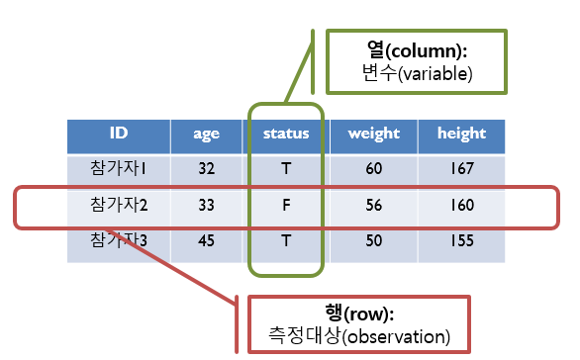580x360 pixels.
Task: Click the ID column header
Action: [x=117, y=134]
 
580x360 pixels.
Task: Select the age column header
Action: [x=206, y=134]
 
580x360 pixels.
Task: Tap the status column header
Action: [x=286, y=134]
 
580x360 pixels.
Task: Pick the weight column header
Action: [x=373, y=134]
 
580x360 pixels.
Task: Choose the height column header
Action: [x=460, y=134]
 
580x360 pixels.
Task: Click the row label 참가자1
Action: [x=118, y=169]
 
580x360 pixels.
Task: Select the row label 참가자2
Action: [x=118, y=206]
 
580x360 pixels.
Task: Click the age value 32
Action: [x=206, y=169]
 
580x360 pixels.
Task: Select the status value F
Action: [x=286, y=206]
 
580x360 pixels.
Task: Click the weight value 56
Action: [x=373, y=206]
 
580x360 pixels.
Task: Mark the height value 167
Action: [x=460, y=169]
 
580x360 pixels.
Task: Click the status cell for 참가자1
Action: [x=286, y=169]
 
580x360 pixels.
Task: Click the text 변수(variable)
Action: [x=416, y=72]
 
